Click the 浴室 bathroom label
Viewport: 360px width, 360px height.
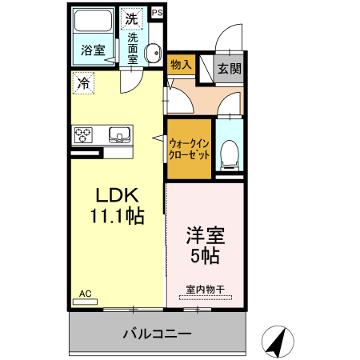click(x=92, y=50)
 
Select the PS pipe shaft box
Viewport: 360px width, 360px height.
click(x=156, y=13)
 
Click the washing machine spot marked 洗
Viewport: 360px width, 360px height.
click(x=130, y=16)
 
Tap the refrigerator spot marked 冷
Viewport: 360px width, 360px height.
click(x=83, y=82)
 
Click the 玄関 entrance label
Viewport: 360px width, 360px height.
click(x=229, y=69)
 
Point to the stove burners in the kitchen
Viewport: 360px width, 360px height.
click(x=84, y=134)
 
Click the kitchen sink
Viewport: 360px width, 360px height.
click(x=119, y=134)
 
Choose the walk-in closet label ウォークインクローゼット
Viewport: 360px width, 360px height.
click(x=190, y=149)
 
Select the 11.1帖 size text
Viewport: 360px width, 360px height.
click(x=118, y=216)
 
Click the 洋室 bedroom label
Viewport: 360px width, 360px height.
click(x=205, y=237)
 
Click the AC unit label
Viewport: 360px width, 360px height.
click(x=84, y=294)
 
